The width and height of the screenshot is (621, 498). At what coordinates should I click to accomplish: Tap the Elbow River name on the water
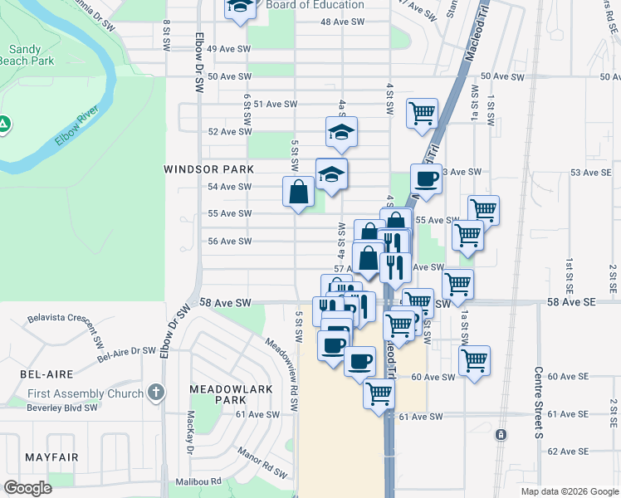[77, 125]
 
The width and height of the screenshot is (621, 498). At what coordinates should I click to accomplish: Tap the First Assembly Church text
[85, 393]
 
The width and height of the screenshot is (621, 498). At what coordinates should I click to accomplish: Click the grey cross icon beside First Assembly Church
[155, 392]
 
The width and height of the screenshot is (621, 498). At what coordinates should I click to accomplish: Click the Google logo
[27, 488]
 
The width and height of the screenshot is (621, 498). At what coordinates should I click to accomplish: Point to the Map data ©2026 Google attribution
[569, 491]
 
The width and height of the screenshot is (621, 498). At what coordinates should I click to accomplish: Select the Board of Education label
[315, 5]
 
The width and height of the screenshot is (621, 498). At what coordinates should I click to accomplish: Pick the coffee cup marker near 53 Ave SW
[426, 178]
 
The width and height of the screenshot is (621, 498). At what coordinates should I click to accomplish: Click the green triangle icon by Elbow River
[4, 124]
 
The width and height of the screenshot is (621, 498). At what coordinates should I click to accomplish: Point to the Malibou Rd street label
[198, 481]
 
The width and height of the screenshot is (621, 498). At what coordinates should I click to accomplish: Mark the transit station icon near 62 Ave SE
[501, 435]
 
